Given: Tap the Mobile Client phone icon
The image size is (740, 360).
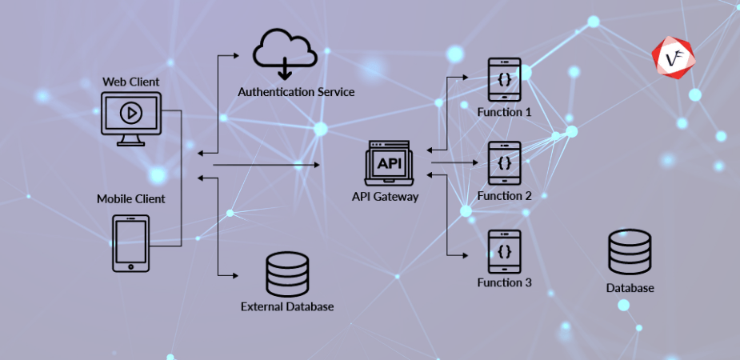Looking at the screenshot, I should (x=131, y=243).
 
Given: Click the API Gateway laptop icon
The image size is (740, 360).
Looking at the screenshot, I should (x=390, y=164).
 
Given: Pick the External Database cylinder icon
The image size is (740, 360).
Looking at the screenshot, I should (x=286, y=274).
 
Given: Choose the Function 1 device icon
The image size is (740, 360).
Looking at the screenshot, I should (x=504, y=80).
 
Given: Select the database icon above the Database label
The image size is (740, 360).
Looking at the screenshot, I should (x=630, y=252).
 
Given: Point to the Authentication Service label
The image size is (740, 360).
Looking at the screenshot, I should (x=296, y=92).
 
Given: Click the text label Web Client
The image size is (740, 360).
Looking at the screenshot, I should (x=131, y=82).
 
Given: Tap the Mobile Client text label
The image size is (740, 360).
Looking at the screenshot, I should (x=131, y=198).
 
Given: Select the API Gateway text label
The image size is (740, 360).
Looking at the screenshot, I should (x=385, y=197).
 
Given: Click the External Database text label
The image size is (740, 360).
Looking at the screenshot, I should (x=287, y=306).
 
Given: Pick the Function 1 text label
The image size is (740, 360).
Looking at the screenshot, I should (x=504, y=112).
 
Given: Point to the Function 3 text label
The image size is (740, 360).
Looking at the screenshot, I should (x=504, y=282).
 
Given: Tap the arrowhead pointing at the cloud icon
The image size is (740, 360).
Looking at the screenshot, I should (x=236, y=55).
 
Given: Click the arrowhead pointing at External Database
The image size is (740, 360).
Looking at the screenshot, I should (x=236, y=274).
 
